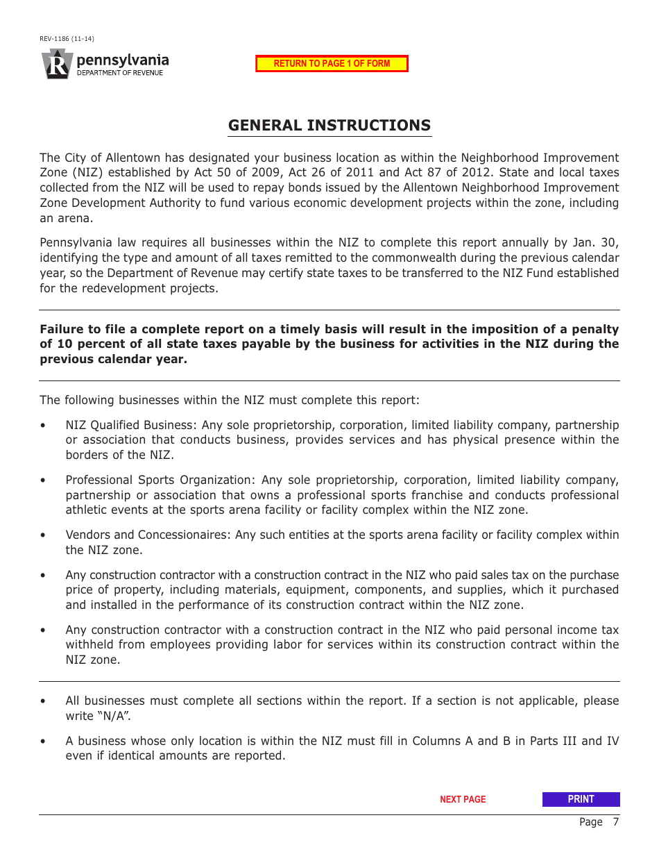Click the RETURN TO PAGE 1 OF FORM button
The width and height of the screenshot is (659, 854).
point(332,64)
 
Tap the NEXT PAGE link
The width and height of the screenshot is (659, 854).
point(463,800)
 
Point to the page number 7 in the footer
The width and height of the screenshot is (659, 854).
point(615,822)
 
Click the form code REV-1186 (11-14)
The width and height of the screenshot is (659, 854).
point(67,39)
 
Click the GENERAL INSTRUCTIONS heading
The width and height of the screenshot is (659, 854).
point(329,126)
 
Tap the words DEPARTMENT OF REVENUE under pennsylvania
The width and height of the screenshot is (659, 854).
point(120,73)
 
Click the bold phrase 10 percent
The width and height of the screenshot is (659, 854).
point(87,344)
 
